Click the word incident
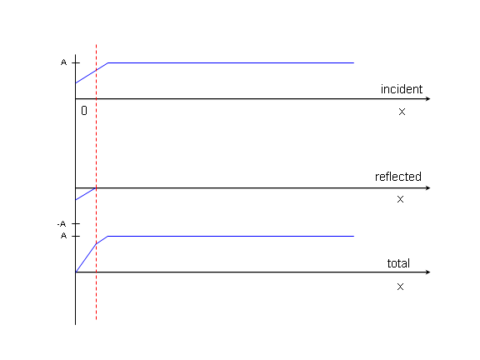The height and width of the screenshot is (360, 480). (x=402, y=89)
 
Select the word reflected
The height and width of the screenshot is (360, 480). (x=398, y=177)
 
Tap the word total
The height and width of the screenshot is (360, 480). (x=398, y=263)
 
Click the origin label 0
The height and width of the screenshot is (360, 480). (x=84, y=111)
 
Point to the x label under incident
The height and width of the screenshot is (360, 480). (x=402, y=112)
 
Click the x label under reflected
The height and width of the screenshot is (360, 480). (x=400, y=200)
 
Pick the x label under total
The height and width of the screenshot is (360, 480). (x=400, y=287)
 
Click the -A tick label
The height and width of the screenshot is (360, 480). (x=62, y=224)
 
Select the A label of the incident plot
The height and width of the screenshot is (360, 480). (x=63, y=62)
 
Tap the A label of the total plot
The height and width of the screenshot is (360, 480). (x=63, y=236)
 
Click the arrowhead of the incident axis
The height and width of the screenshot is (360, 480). (x=428, y=99)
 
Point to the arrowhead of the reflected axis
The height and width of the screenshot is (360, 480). (x=428, y=188)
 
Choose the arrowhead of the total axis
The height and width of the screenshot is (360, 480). (x=428, y=272)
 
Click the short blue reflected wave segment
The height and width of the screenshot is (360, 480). (x=86, y=194)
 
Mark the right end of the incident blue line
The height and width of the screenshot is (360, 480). (x=354, y=62)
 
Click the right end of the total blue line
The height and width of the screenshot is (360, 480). (x=354, y=237)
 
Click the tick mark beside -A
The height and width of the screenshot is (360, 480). (x=76, y=224)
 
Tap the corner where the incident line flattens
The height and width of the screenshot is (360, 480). (x=107, y=62)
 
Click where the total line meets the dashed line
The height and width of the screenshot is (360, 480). (x=96, y=244)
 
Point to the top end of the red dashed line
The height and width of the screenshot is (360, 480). (x=96, y=45)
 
